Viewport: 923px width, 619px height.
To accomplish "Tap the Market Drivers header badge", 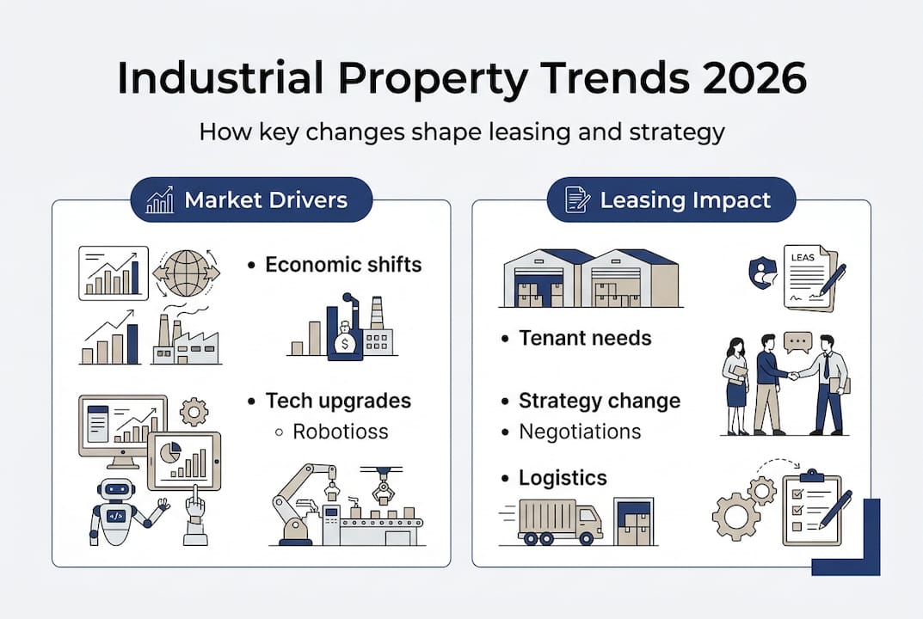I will click(249, 200).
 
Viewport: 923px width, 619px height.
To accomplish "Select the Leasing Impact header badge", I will click(671, 200).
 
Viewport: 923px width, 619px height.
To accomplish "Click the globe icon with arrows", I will click(186, 273).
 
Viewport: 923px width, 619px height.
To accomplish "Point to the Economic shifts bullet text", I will click(343, 265).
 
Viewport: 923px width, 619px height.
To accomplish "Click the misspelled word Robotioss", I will click(341, 432).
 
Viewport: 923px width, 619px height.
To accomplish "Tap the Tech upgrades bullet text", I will click(338, 401).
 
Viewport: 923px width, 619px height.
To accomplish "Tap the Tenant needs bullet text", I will click(585, 338).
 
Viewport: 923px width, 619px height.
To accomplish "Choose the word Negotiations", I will click(580, 432).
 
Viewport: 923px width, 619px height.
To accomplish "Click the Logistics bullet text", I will click(563, 478).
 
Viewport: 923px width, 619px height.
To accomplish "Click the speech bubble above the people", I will click(797, 341).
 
